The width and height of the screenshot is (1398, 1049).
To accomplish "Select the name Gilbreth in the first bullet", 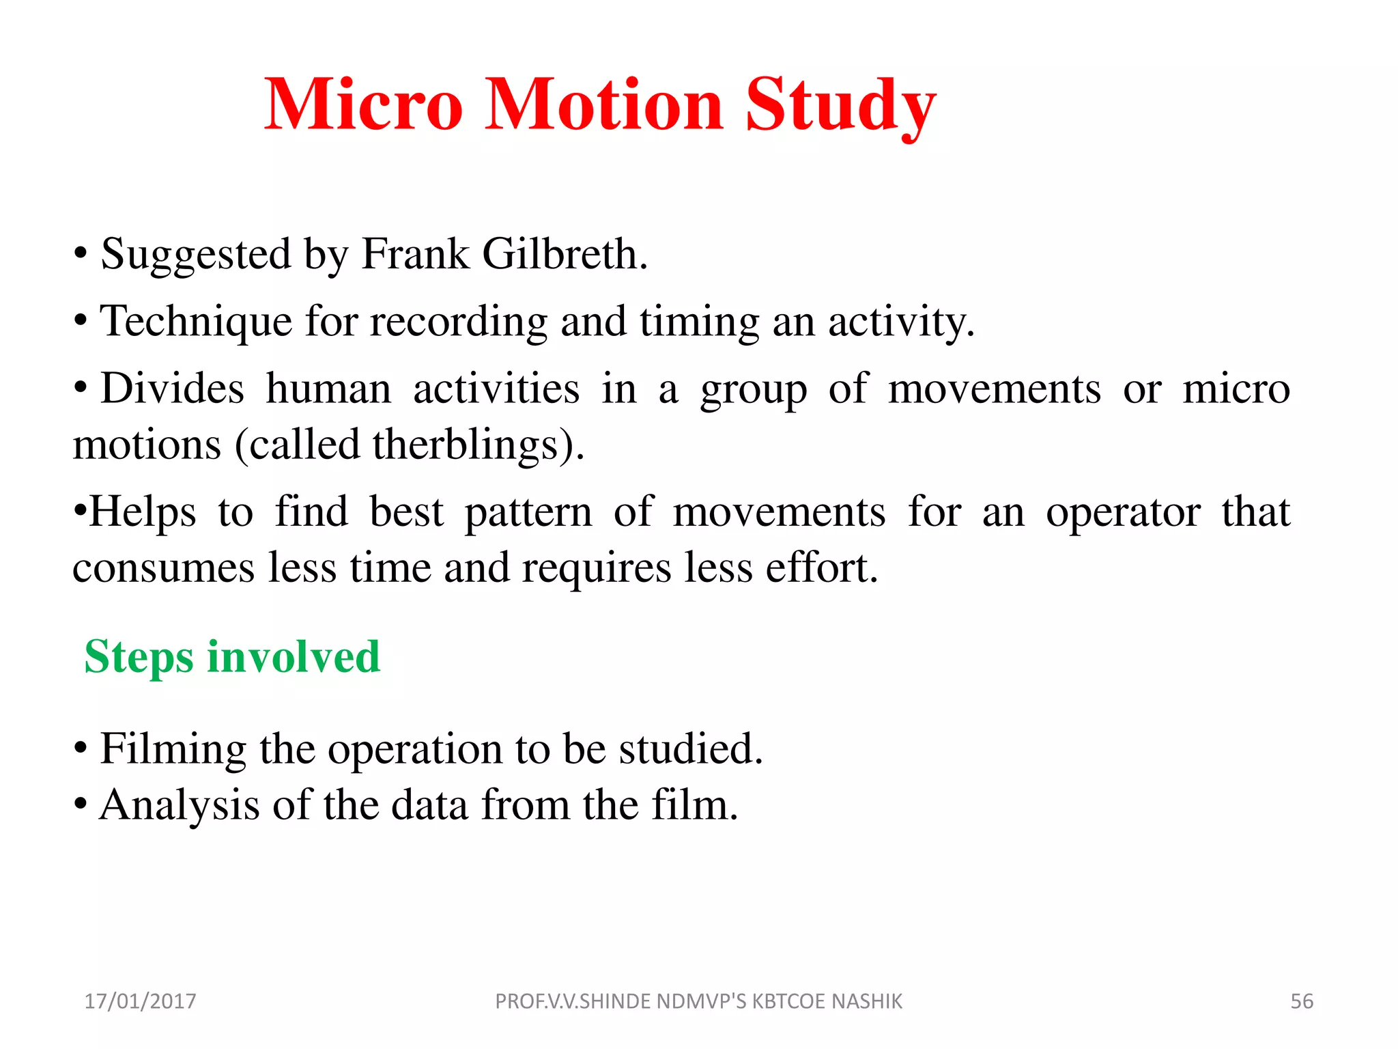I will pos(564,254).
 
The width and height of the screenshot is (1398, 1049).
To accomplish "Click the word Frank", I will pos(415,254).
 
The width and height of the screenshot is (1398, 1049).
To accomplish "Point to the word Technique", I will pos(196,321).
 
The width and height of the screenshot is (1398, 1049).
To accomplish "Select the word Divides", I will pos(172,389).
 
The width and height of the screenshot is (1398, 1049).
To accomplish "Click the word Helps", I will pos(142,512).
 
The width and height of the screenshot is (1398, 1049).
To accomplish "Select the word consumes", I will pos(164,569).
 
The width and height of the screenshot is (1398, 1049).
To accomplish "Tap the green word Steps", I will pos(139,658).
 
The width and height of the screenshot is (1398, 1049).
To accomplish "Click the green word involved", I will pos(294,656).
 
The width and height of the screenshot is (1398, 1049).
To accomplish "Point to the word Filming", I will pos(173,749).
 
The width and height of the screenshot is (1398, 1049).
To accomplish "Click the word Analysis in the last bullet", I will pos(180,805).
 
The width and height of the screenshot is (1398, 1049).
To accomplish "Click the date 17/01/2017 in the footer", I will pos(140,1001).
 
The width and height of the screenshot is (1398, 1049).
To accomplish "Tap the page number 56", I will pos(1301,1001).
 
